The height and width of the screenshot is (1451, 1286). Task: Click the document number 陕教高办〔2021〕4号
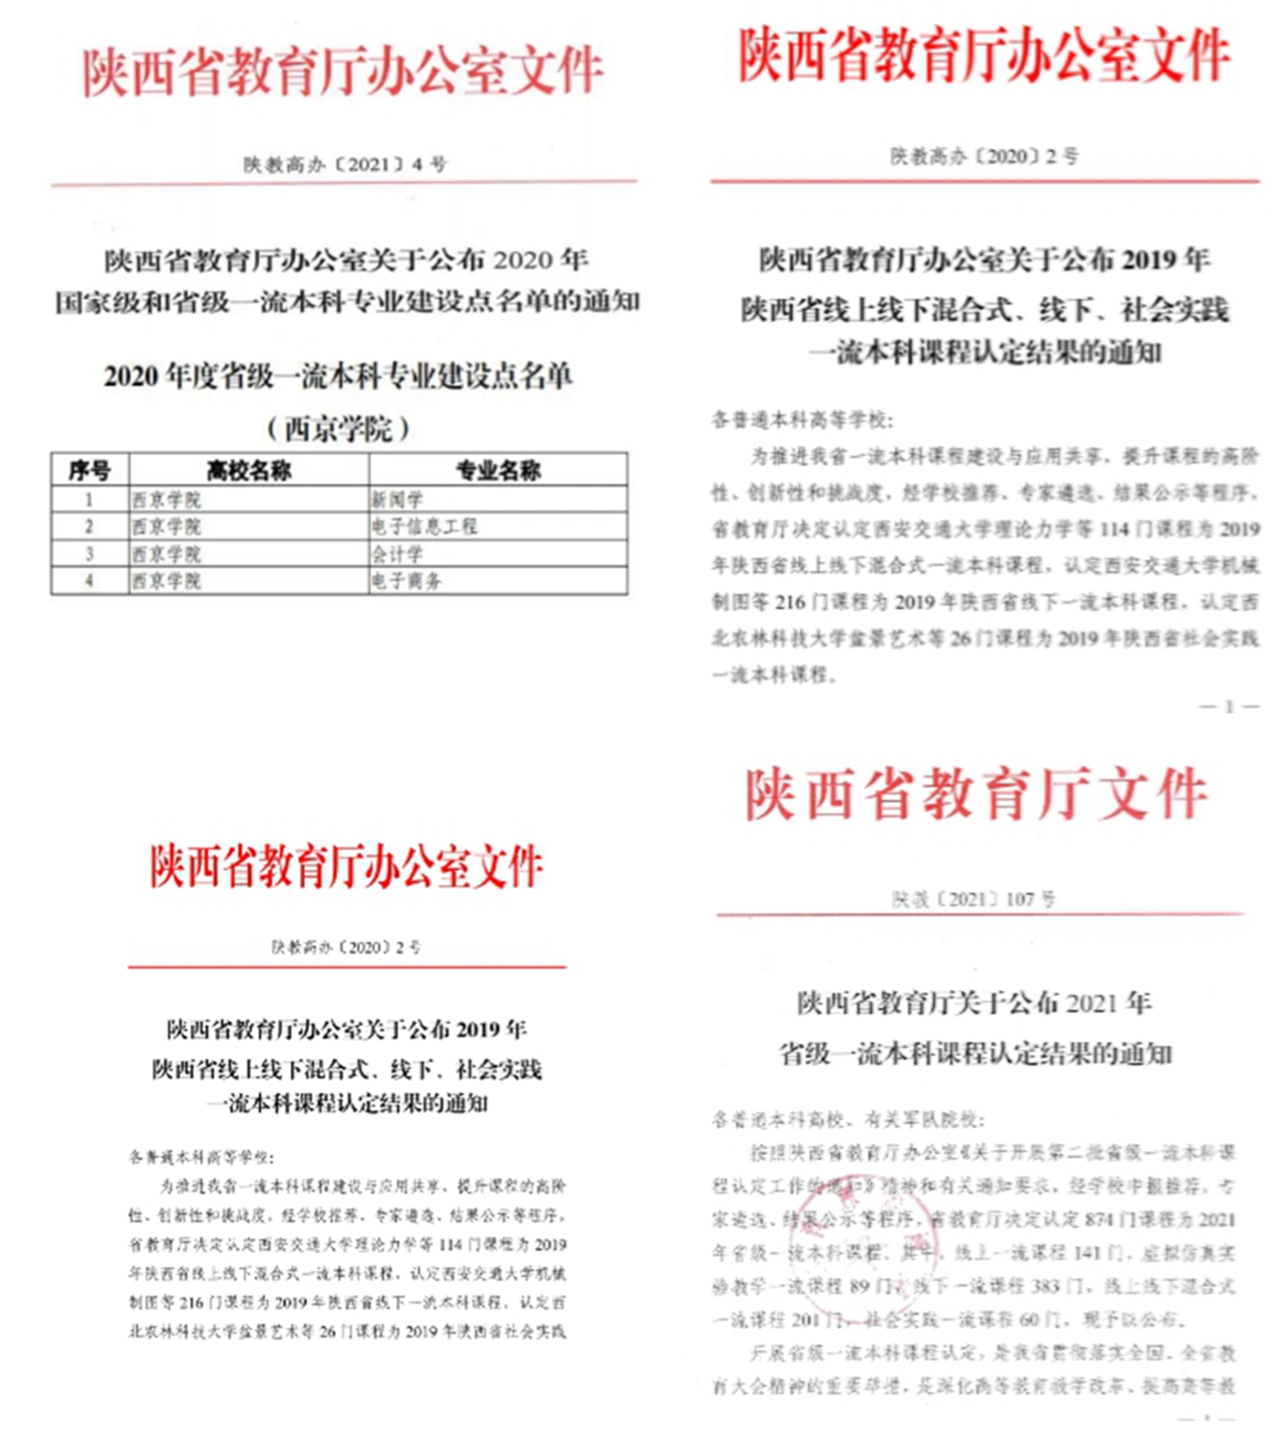click(345, 164)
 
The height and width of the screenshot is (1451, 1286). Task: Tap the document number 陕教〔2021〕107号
click(973, 899)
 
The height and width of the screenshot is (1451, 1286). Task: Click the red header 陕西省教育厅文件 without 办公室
click(977, 794)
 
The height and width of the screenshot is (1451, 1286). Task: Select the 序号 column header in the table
click(90, 470)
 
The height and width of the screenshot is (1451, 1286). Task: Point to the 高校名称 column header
click(249, 470)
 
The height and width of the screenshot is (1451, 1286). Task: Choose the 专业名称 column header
click(498, 470)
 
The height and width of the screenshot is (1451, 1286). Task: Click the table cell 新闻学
click(397, 499)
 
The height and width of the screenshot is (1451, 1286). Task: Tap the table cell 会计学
click(397, 554)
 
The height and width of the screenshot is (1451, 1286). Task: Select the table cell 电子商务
click(406, 581)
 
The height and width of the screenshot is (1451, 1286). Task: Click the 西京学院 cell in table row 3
click(166, 554)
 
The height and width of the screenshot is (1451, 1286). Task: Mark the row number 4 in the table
click(89, 581)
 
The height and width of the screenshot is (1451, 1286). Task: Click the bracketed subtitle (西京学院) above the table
click(339, 427)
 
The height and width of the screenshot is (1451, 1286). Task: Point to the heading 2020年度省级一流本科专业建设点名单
click(339, 376)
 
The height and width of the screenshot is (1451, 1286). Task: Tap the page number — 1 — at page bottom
click(1229, 707)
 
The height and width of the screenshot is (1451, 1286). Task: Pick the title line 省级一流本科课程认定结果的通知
click(975, 1053)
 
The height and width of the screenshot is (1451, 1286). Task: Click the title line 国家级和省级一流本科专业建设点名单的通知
click(347, 301)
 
